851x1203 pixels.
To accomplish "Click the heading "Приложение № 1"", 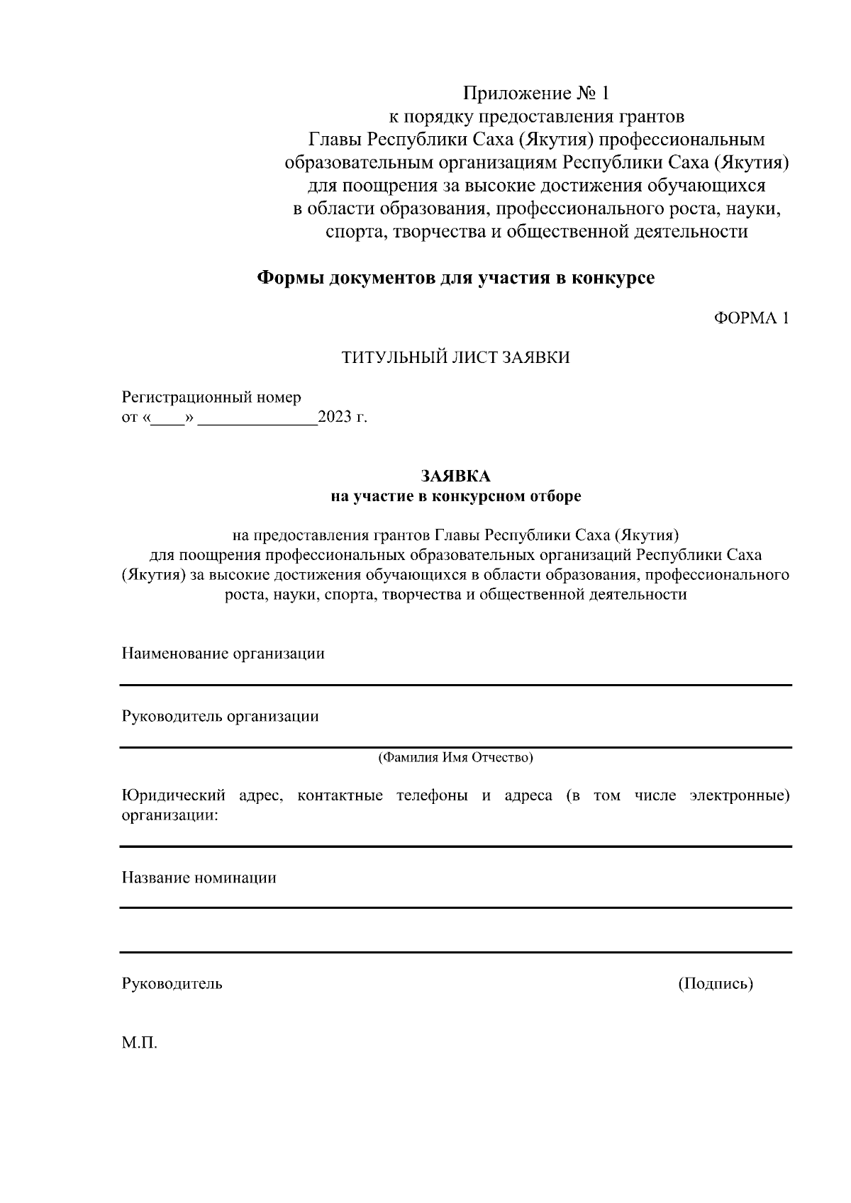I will click(535, 94).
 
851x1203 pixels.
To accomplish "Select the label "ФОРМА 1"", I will click(750, 318).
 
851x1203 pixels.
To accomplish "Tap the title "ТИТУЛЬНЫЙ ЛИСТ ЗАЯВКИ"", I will click(455, 357).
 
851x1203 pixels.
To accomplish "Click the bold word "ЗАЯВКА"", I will click(455, 476).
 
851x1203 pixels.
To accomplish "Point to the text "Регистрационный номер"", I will click(211, 397).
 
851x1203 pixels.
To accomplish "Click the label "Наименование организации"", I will click(223, 653).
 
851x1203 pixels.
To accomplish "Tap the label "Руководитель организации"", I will click(220, 716).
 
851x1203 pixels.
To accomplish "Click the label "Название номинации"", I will click(199, 878).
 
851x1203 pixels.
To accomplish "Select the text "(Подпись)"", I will click(715, 983).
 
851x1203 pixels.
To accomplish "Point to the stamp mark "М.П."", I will click(139, 1043).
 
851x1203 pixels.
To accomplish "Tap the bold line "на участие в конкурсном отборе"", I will click(455, 496).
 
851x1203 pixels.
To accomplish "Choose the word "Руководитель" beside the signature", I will click(172, 983).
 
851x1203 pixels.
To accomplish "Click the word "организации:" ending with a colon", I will click(169, 815).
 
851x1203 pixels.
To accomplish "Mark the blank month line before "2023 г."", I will click(258, 418).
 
